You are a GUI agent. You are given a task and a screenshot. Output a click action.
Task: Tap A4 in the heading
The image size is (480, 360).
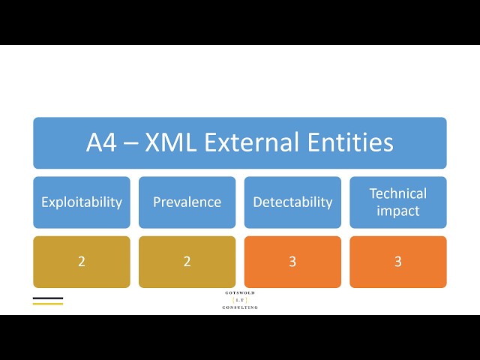pyautogui.click(x=101, y=142)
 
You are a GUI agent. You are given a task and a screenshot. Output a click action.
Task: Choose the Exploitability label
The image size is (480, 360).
pyautogui.click(x=82, y=202)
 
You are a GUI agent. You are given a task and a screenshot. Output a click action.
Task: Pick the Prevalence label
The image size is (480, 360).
pyautogui.click(x=187, y=202)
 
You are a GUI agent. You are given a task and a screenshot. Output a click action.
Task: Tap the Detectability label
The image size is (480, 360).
pyautogui.click(x=292, y=202)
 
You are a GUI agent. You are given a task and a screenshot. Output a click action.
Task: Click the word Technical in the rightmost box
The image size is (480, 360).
pyautogui.click(x=398, y=193)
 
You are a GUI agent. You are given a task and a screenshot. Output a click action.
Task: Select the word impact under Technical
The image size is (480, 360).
pyautogui.click(x=398, y=211)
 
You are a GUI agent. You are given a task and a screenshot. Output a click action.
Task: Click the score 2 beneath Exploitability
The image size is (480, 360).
pyautogui.click(x=82, y=262)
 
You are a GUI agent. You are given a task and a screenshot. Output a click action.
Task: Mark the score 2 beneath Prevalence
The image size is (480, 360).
pyautogui.click(x=187, y=262)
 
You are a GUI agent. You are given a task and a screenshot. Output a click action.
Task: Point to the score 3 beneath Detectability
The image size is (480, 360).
pyautogui.click(x=292, y=262)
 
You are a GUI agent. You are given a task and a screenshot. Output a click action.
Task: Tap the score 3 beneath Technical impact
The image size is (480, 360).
pyautogui.click(x=398, y=262)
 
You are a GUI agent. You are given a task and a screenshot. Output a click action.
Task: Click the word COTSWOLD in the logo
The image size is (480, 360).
pyautogui.click(x=240, y=292)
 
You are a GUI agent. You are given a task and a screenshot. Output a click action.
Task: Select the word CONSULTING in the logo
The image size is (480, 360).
pyautogui.click(x=240, y=307)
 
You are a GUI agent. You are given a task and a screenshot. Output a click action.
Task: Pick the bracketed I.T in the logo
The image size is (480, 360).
pyautogui.click(x=240, y=300)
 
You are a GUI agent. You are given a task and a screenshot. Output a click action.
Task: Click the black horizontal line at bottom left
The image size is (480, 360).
pyautogui.click(x=48, y=298)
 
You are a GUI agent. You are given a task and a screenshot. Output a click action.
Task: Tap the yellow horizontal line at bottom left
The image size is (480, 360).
pyautogui.click(x=48, y=304)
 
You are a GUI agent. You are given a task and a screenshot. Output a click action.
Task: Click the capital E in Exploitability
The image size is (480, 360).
pyautogui.click(x=44, y=202)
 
